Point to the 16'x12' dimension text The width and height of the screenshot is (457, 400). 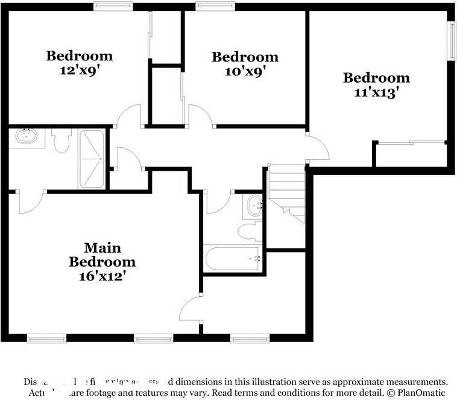pyautogui.click(x=102, y=276)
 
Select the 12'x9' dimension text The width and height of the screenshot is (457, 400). pyautogui.click(x=80, y=69)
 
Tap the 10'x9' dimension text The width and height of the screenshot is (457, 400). pyautogui.click(x=245, y=71)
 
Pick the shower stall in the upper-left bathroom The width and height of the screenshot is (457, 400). pyautogui.click(x=92, y=158)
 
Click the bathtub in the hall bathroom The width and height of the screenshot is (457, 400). pyautogui.click(x=233, y=259)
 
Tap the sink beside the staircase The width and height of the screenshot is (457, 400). pyautogui.click(x=254, y=206)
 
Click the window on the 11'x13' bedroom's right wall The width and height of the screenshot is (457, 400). pyautogui.click(x=450, y=41)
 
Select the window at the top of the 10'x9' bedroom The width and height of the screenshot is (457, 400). pyautogui.click(x=215, y=6)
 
